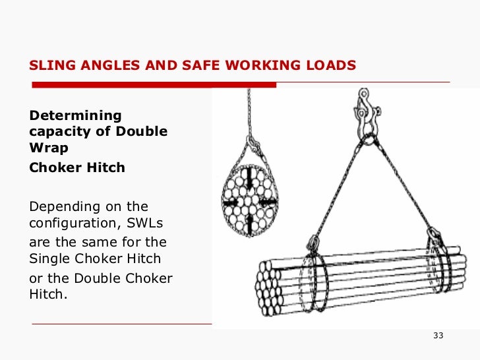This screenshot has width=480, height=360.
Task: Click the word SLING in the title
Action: [x=49, y=65]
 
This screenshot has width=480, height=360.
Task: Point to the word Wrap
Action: [x=49, y=148]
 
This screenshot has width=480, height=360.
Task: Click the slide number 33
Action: [x=438, y=336]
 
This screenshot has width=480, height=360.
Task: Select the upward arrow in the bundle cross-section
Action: [x=251, y=222]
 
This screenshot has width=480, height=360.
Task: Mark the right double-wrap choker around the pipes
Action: [x=437, y=268]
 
